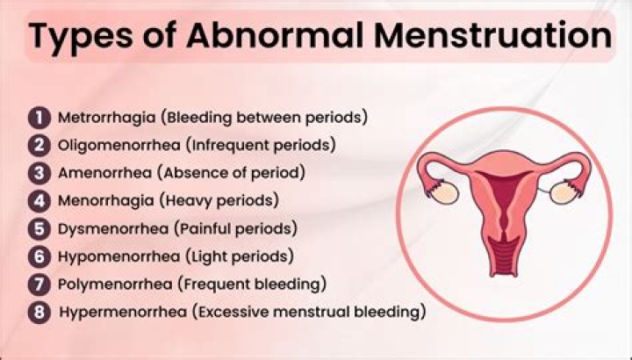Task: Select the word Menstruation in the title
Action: pos(492,35)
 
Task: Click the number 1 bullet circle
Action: pos(39,118)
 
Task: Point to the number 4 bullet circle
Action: pos(39,201)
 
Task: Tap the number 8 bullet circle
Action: pos(39,313)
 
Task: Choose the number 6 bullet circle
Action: pos(39,256)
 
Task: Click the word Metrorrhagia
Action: pos(106,119)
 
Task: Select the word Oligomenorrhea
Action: pos(118,146)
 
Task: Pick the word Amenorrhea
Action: pos(104,173)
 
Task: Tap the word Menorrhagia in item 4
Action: pos(105,201)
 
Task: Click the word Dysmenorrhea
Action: pos(113,229)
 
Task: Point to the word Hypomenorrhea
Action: pos(118,257)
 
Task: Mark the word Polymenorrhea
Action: pos(115,285)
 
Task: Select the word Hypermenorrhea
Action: pos(123,313)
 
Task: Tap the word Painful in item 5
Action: pos(203,229)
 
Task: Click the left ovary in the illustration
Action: pos(444,193)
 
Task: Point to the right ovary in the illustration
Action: pos(564,192)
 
